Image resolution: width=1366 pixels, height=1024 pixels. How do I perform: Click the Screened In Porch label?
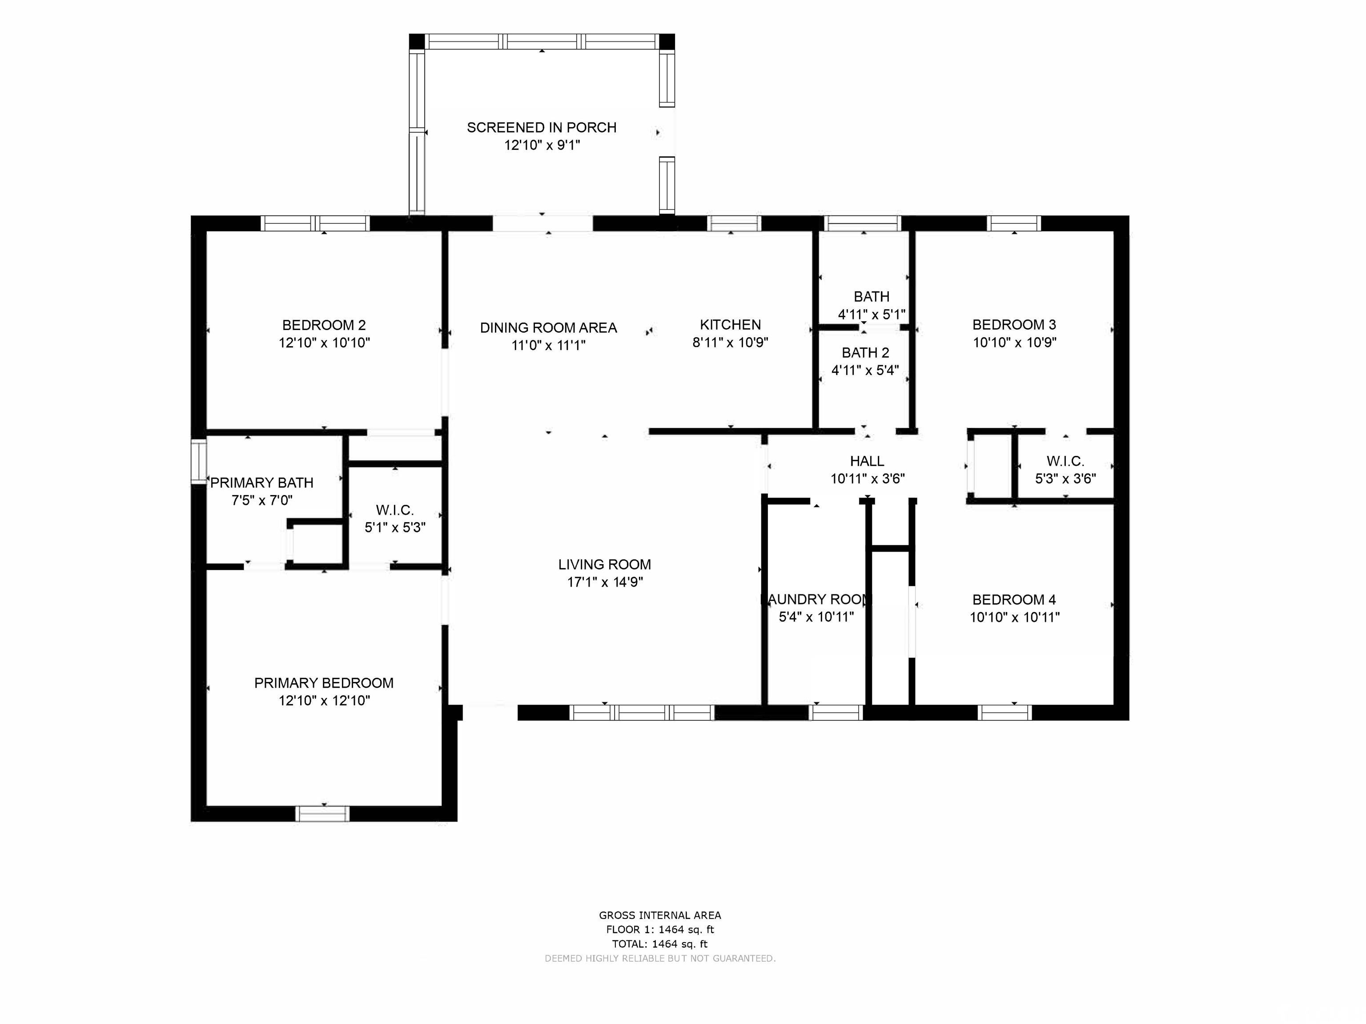click(x=542, y=128)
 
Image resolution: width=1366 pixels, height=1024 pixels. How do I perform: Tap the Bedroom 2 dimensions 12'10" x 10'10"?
click(x=324, y=343)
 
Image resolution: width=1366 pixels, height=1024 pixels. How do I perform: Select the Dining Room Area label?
click(x=548, y=328)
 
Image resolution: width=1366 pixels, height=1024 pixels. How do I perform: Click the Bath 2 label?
click(x=865, y=353)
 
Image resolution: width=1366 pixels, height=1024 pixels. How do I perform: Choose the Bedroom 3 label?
click(x=1014, y=325)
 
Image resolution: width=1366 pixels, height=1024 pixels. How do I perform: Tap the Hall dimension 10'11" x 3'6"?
click(x=867, y=479)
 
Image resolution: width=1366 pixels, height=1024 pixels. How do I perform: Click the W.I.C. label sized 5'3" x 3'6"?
click(x=1065, y=461)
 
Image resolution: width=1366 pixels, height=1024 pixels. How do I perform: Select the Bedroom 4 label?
click(x=1014, y=600)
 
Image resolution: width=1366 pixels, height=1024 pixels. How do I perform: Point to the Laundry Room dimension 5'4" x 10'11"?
click(x=816, y=617)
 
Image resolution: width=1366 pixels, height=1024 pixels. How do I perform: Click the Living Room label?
click(x=605, y=564)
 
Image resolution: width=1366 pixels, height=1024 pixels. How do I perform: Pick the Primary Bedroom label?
click(x=324, y=683)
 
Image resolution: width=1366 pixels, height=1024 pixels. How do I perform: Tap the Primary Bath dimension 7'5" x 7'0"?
click(x=262, y=500)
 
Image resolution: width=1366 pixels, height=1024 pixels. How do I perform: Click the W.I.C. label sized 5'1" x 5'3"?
click(x=394, y=510)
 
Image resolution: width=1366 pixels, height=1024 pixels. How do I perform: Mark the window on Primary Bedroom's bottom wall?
click(x=322, y=814)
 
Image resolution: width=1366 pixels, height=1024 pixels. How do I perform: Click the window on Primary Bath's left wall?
click(x=198, y=461)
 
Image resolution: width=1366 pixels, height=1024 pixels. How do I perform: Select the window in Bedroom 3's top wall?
click(x=1014, y=223)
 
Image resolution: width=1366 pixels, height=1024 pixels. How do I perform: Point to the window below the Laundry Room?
click(x=836, y=713)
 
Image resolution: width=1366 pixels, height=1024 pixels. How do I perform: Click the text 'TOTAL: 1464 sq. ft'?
click(x=659, y=944)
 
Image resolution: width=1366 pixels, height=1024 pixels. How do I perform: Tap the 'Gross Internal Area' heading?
click(x=659, y=915)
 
